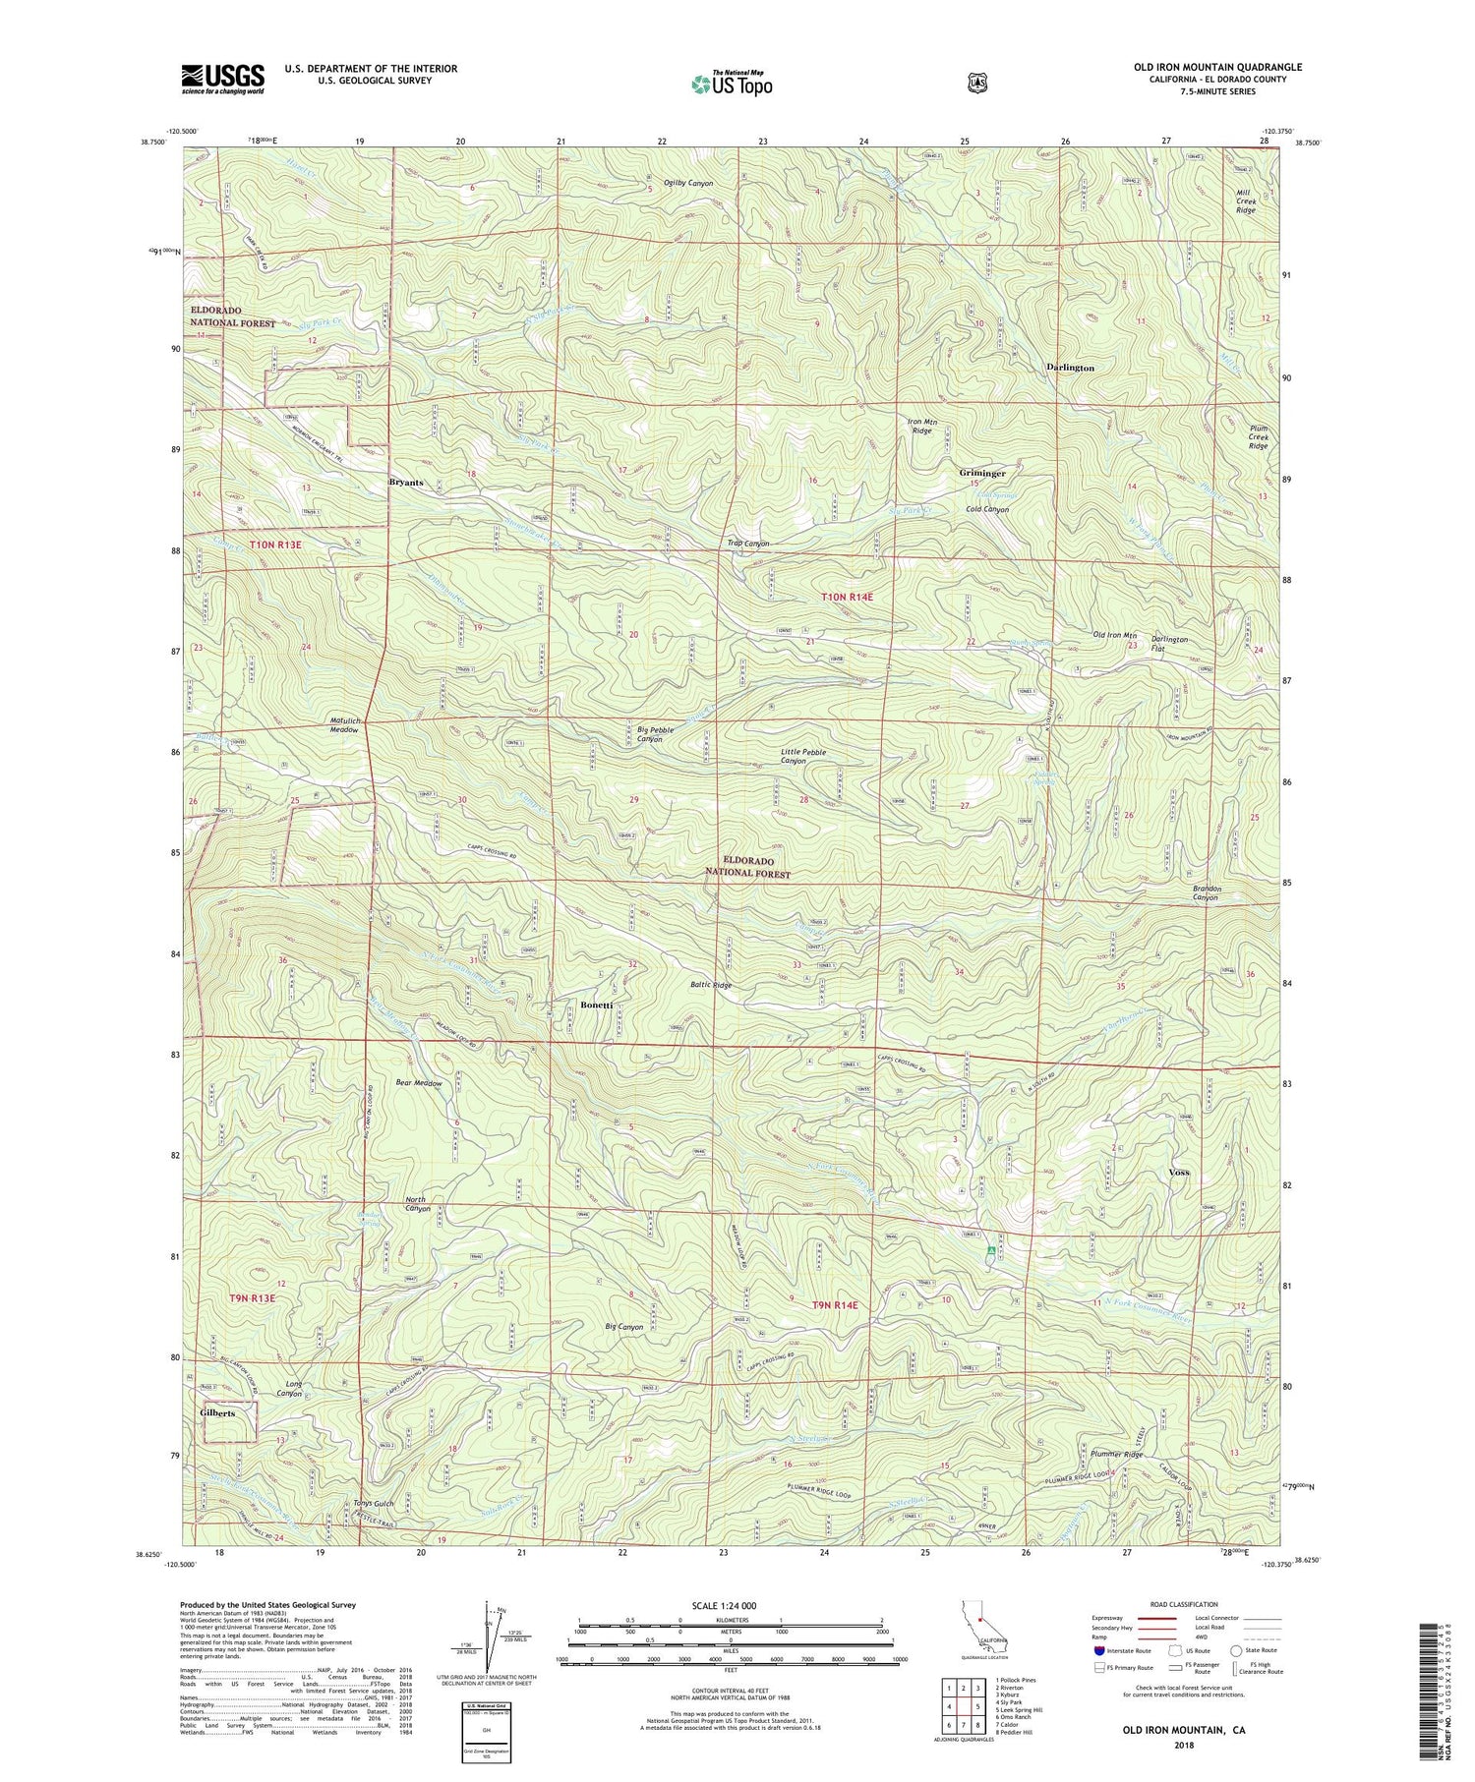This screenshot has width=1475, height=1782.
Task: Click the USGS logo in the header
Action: [x=222, y=79]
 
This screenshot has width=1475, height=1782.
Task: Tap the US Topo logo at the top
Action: [x=732, y=84]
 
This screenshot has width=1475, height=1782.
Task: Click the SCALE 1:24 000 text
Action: [x=678, y=1605]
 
